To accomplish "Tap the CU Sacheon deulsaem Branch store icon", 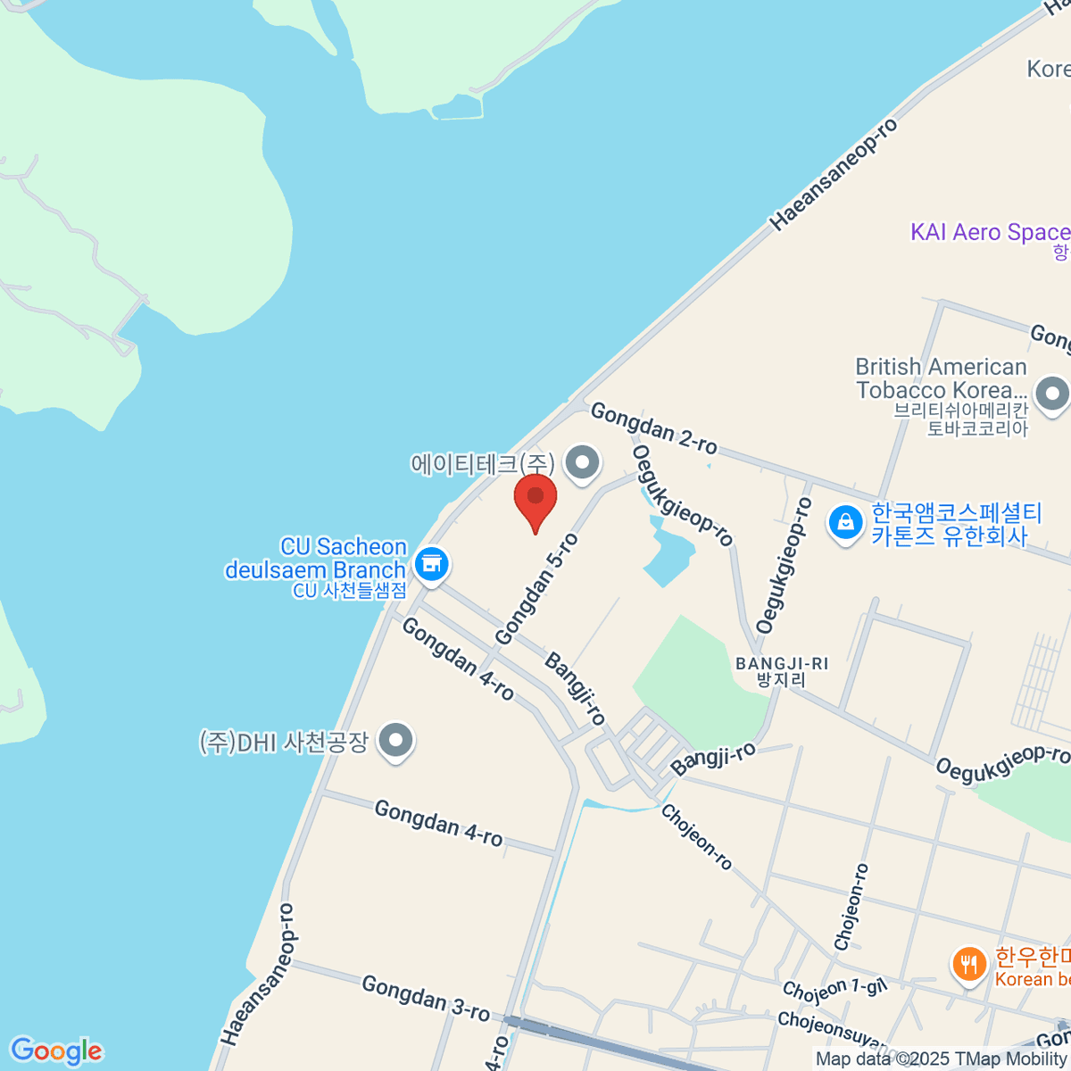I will (432, 564).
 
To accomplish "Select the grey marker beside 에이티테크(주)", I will (584, 463).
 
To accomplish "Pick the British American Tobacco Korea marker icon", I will (1052, 394).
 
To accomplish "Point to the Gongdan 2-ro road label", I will (653, 428).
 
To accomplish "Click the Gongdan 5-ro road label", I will (536, 589).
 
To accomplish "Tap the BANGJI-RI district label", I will (782, 671).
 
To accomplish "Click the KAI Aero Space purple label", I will (989, 232).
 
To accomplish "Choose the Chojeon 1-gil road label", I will (834, 988).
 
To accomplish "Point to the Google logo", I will (56, 1051).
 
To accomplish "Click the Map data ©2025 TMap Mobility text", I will (942, 1059).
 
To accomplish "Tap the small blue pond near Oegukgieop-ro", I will (669, 553).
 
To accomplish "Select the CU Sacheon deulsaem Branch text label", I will (316, 559).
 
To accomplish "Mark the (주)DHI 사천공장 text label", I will (284, 743).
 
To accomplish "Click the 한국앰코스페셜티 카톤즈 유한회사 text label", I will (957, 525).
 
